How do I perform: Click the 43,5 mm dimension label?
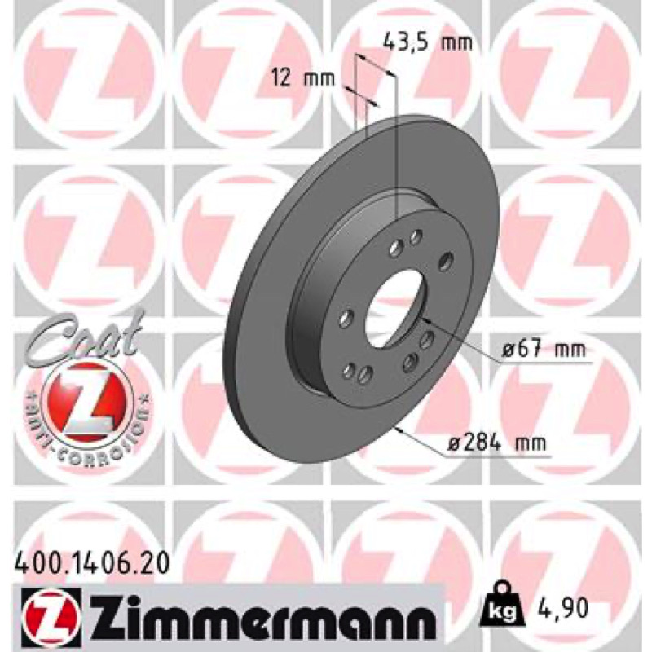pos(427,42)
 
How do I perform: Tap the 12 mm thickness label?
pos(302,77)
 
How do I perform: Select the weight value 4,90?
pos(561,608)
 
